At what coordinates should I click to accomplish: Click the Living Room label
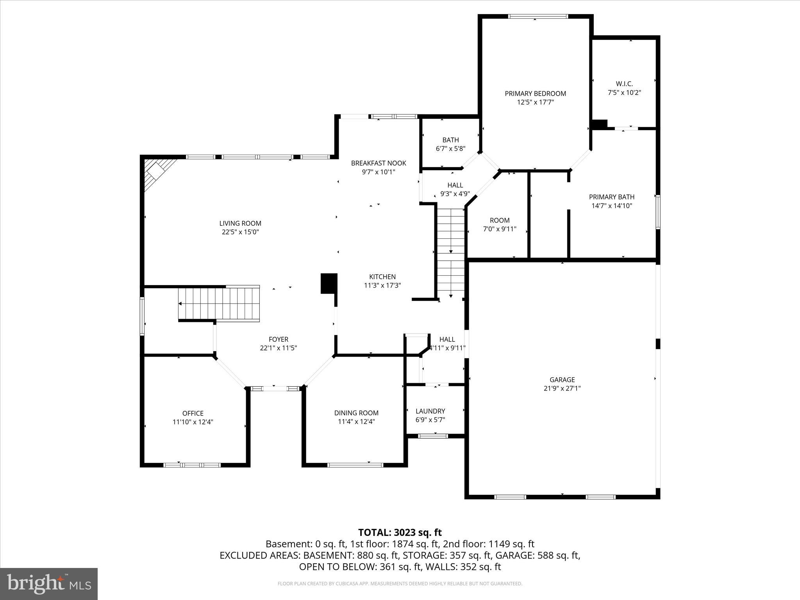click(x=240, y=223)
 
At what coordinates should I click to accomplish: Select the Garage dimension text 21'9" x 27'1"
click(x=562, y=388)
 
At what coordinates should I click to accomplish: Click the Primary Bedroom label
click(x=535, y=94)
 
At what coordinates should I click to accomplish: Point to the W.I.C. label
click(x=624, y=84)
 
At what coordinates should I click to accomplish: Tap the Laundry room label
click(x=430, y=411)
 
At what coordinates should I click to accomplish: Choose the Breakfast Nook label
click(x=378, y=163)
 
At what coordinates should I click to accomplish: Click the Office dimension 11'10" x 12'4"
click(x=193, y=422)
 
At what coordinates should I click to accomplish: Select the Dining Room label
click(x=356, y=413)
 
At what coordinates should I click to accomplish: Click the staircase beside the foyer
click(x=219, y=304)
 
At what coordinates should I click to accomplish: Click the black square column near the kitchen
click(x=329, y=284)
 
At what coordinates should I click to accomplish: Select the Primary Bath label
click(x=611, y=197)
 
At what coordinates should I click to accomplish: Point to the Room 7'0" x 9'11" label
click(x=500, y=220)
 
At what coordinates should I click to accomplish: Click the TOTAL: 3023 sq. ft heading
click(x=400, y=532)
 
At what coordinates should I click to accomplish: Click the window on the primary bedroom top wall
click(x=537, y=16)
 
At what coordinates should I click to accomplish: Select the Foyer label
click(x=278, y=339)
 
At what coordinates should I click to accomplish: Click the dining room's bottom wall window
click(x=355, y=465)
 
